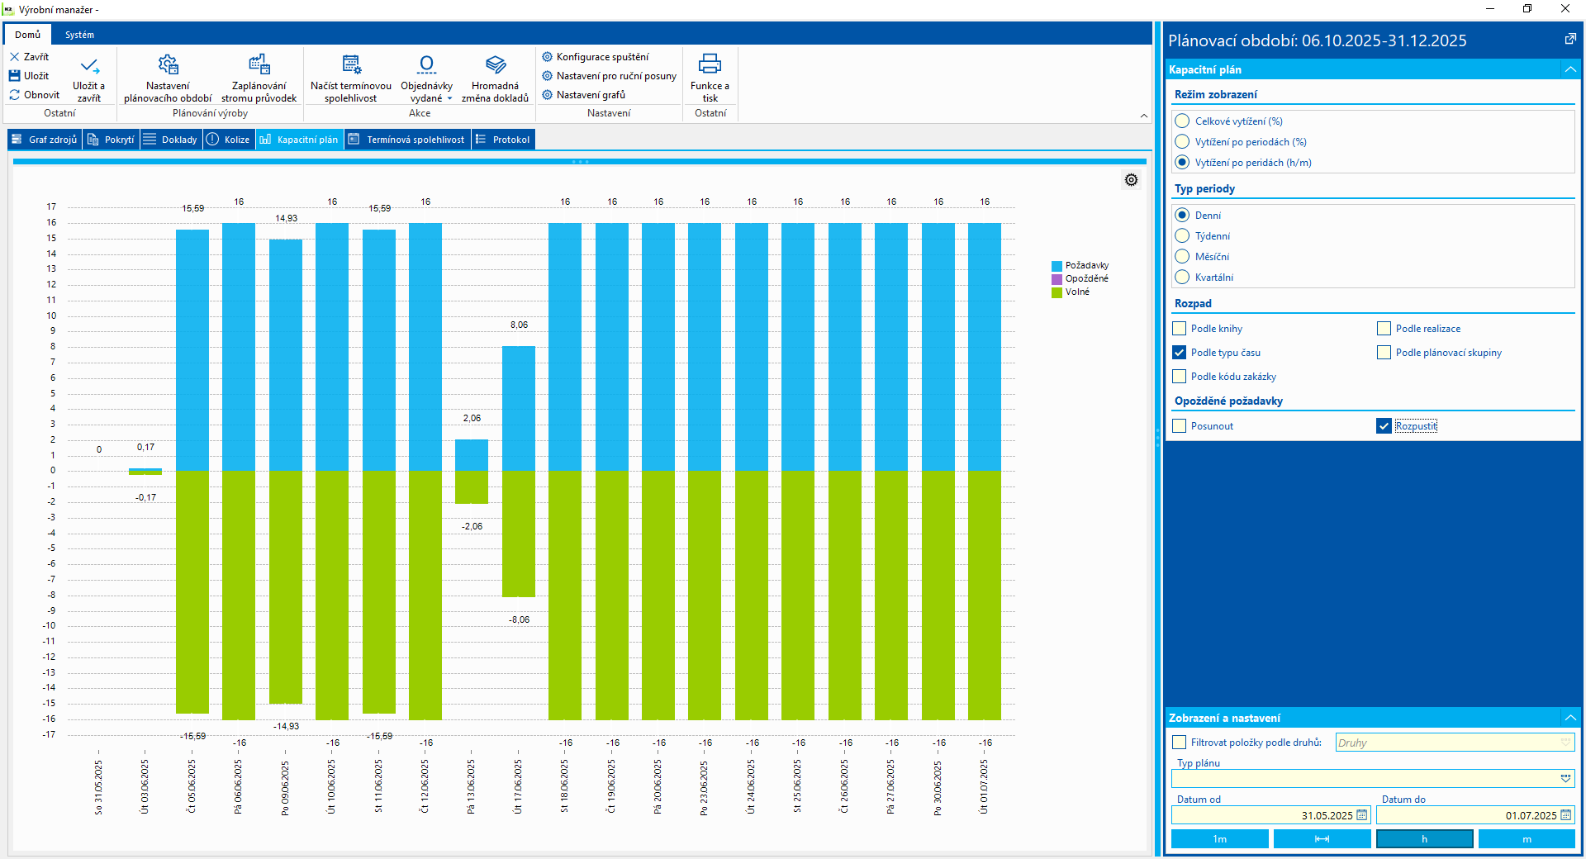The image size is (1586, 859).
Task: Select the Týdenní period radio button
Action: (1182, 236)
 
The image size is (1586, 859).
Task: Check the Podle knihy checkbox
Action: (1180, 329)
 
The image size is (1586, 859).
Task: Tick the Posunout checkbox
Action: (1180, 426)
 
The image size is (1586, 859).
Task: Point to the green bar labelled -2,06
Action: (472, 486)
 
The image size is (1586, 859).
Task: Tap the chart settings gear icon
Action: (1132, 180)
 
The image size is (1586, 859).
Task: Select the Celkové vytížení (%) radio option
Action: (1182, 121)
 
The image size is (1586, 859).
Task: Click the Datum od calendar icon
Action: (1362, 815)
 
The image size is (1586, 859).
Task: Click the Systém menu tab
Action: (79, 35)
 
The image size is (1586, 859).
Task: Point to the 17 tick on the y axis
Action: (51, 206)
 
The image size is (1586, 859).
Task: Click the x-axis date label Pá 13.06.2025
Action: (472, 786)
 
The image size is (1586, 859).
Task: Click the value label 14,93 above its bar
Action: (286, 219)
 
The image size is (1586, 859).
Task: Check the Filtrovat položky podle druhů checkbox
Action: (1180, 743)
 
